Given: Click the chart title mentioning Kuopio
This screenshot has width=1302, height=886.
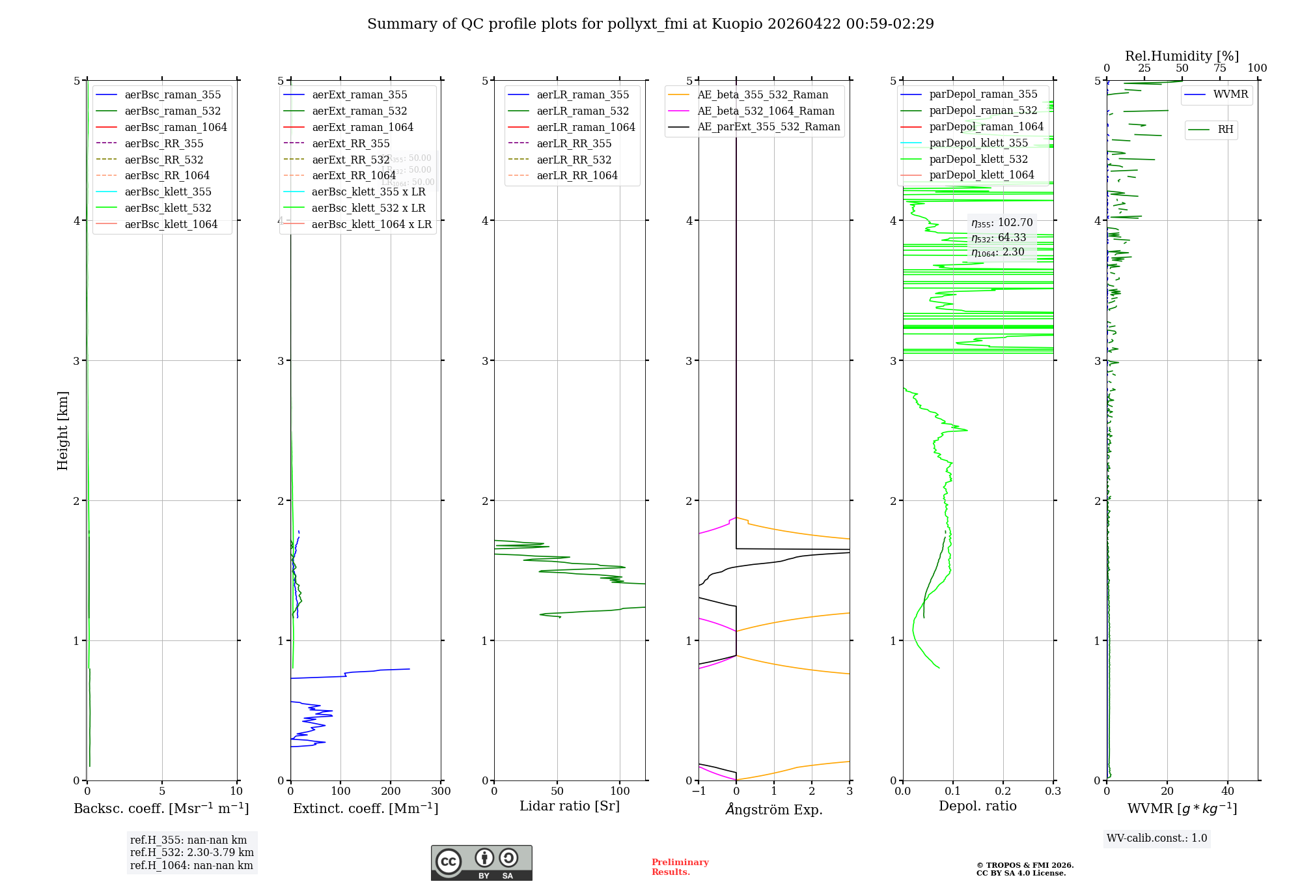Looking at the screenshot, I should tap(650, 24).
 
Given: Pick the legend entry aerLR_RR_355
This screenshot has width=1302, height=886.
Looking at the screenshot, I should tap(574, 143).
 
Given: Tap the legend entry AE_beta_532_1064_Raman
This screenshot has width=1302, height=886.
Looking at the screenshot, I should tap(766, 111).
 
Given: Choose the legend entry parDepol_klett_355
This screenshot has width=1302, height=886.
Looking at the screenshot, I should tap(978, 143).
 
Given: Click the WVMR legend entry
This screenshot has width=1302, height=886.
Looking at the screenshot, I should tap(1230, 94).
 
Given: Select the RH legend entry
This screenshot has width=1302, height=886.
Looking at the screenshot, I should tap(1225, 130).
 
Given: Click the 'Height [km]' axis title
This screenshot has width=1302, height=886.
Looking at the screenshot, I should tap(62, 430).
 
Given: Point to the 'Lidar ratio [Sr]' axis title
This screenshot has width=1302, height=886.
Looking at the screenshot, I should tap(570, 806).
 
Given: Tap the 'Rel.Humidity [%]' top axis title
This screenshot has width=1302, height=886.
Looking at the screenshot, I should tap(1182, 56).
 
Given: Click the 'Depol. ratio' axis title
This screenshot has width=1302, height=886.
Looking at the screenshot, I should tap(977, 806).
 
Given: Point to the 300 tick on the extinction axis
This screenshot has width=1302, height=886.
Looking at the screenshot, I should tap(441, 792).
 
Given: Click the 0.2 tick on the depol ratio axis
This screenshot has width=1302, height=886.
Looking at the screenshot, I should tap(1003, 792).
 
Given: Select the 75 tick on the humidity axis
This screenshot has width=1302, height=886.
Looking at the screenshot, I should tap(1219, 68).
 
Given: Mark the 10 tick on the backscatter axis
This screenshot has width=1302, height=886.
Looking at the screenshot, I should tap(236, 792).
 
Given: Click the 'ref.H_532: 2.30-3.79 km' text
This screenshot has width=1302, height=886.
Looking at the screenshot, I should tap(191, 852).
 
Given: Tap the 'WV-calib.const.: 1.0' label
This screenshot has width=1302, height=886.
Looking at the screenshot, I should tap(1157, 838).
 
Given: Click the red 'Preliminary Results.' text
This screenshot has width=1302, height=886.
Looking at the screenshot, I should tap(680, 867).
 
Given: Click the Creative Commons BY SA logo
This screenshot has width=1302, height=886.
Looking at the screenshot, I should tap(481, 863).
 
